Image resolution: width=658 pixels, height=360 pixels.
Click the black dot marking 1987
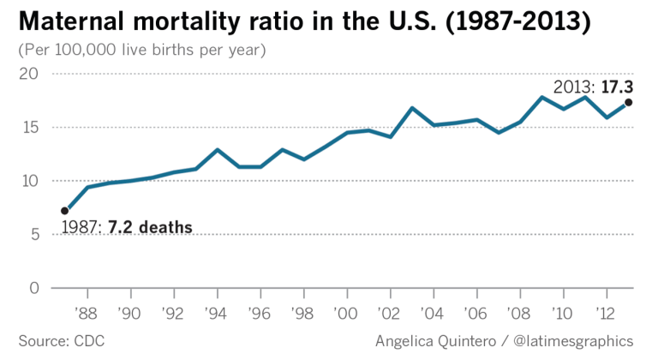coord(65,210)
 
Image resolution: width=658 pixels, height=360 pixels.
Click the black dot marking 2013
coord(629,103)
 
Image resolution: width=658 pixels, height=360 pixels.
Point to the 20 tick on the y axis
coord(29,75)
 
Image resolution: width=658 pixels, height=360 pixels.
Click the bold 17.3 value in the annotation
coord(616,86)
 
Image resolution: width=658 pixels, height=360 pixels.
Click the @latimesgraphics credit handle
coord(577,341)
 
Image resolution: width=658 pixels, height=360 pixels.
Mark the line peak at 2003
coord(412,108)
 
